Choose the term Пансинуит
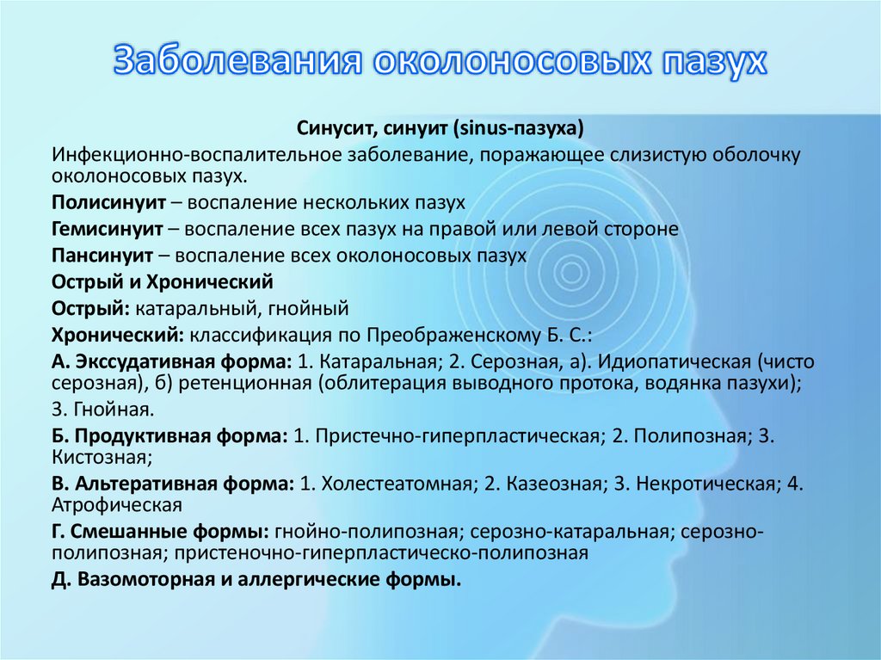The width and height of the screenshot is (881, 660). tap(101, 256)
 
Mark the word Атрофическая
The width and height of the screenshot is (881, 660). tap(115, 504)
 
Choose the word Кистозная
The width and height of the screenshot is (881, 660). tap(101, 456)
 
